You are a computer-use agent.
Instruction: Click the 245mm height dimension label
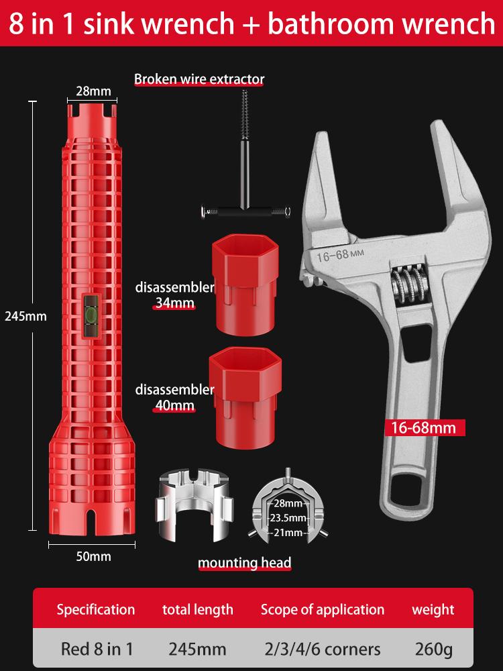pos(25,316)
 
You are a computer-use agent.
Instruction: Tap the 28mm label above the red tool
pos(93,91)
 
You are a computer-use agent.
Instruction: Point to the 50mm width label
pos(93,556)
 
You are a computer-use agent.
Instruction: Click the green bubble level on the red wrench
pos(91,315)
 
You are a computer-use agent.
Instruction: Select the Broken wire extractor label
pos(199,79)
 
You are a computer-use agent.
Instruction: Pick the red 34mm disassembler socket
pos(245,284)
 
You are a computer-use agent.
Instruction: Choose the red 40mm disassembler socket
pos(245,397)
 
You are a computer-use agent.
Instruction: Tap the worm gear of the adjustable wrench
pos(408,285)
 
